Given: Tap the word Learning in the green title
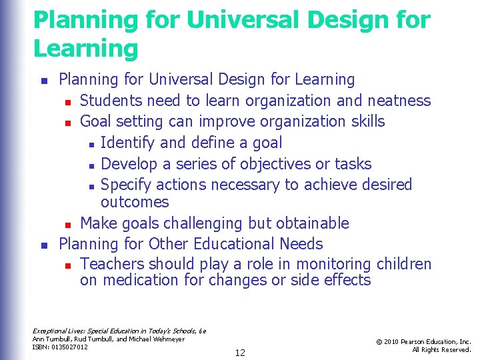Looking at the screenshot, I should click(x=86, y=49).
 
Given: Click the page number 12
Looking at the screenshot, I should click(x=240, y=353).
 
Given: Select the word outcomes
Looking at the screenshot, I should click(x=135, y=202).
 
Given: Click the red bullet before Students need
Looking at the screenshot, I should click(x=68, y=102).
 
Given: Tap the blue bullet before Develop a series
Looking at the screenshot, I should click(x=90, y=165).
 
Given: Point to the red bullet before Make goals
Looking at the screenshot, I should click(x=68, y=224).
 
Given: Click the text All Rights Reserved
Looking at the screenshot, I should click(x=441, y=350).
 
